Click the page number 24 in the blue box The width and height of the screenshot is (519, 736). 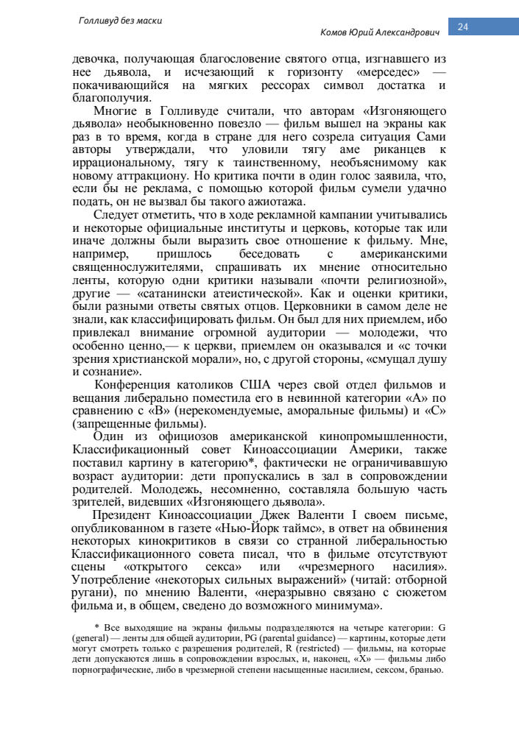point(464,27)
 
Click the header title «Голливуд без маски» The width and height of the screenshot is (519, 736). point(120,21)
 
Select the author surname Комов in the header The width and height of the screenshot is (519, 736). point(336,33)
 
